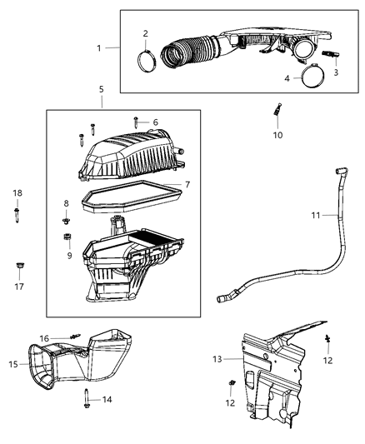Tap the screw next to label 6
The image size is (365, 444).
click(135, 123)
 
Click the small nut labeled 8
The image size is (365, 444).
click(67, 222)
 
